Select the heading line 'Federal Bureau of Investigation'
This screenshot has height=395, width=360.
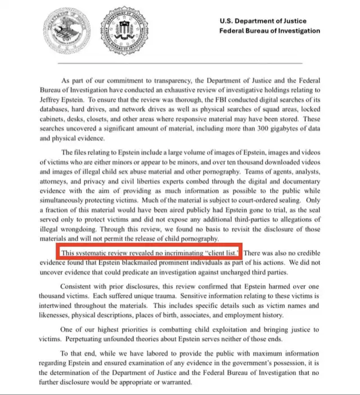click(x=269, y=31)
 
